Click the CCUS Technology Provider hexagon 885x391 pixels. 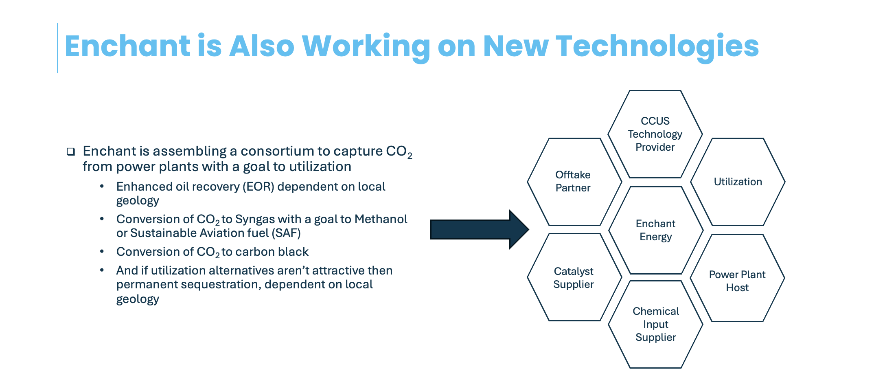click(x=655, y=134)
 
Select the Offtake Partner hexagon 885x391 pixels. click(x=574, y=182)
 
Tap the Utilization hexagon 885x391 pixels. click(x=738, y=182)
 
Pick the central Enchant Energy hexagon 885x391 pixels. click(x=656, y=230)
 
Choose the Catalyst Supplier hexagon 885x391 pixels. click(x=574, y=277)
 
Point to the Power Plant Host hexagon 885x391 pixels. click(x=737, y=278)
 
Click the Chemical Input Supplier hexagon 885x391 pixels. click(x=655, y=325)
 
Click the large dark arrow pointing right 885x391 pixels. click(x=480, y=229)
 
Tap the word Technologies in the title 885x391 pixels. click(x=657, y=46)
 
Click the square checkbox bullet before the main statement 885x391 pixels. click(x=71, y=152)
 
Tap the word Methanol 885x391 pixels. click(x=381, y=219)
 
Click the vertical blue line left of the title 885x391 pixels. click(x=57, y=48)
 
